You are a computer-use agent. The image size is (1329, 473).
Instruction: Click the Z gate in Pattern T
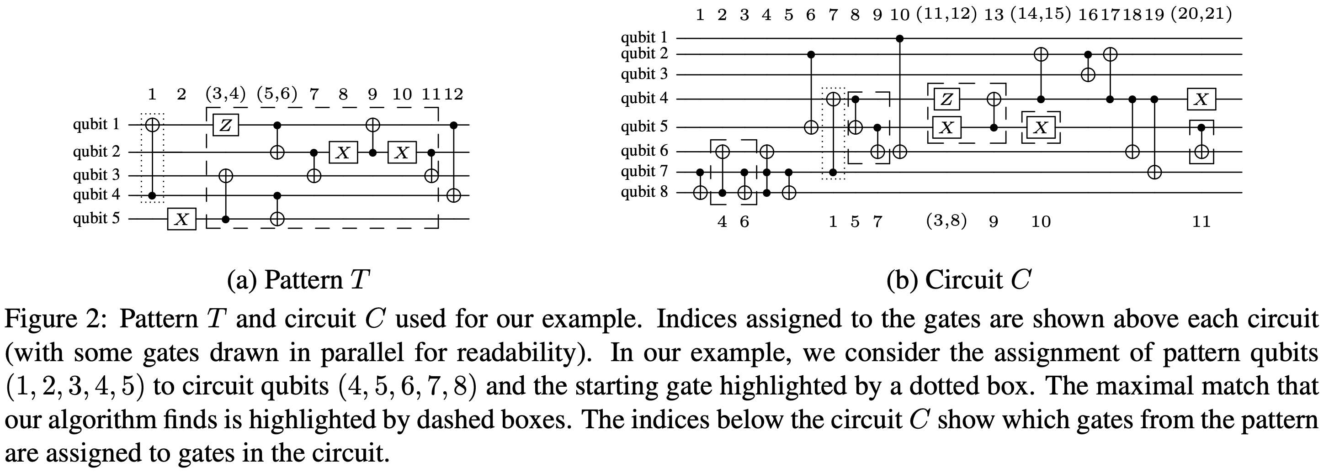click(225, 125)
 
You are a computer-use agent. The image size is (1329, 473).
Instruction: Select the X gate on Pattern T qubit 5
click(181, 220)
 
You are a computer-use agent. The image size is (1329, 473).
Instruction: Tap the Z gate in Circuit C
click(946, 99)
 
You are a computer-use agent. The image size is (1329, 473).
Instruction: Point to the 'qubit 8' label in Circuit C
click(644, 192)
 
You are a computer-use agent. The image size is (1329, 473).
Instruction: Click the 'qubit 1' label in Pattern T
click(96, 125)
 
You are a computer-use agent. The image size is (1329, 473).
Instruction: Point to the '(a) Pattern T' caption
click(298, 280)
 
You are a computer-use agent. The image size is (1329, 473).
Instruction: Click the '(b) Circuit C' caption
click(958, 280)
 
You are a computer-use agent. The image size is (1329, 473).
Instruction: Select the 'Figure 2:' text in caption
click(57, 320)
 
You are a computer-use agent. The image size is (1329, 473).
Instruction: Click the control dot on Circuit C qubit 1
click(900, 38)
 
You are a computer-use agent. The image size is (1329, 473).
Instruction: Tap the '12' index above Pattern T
click(453, 95)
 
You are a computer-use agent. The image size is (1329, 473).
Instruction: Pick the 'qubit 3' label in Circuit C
click(644, 74)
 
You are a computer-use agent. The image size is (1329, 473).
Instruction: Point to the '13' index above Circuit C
click(994, 15)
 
